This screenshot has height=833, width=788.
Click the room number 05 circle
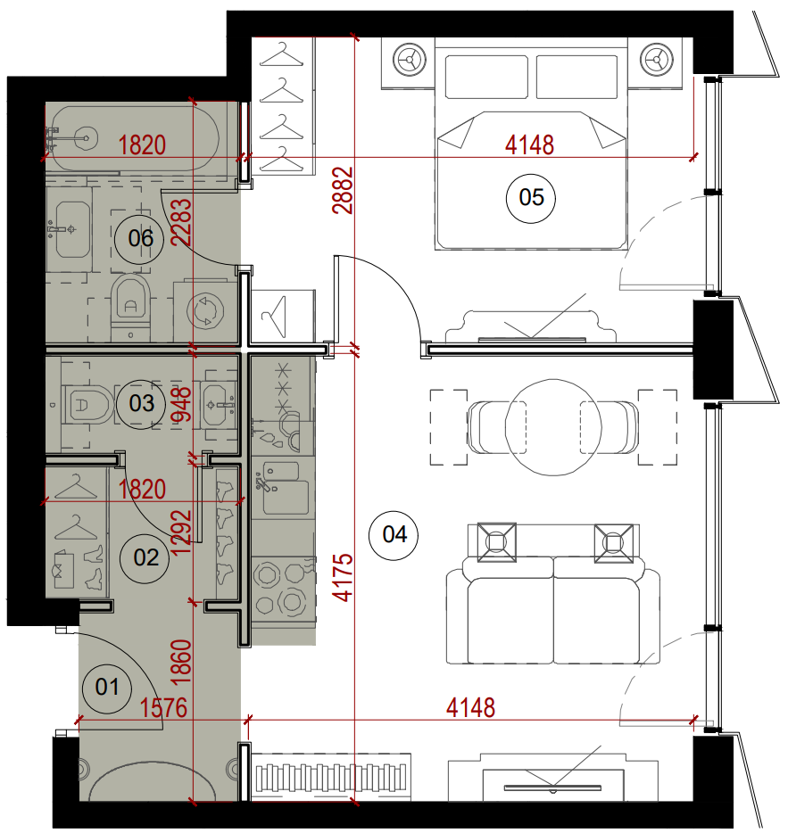click(x=530, y=198)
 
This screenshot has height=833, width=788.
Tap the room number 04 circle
click(x=394, y=535)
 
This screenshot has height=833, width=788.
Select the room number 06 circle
click(x=139, y=239)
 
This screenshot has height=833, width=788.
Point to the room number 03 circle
click(x=140, y=404)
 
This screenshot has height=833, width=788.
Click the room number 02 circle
click(x=145, y=558)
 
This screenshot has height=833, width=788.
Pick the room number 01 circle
click(x=106, y=688)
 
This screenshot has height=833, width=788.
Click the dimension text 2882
click(x=343, y=190)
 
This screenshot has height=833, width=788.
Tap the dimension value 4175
click(x=343, y=577)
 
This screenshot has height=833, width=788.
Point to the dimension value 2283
click(x=181, y=221)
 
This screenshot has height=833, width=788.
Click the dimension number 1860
click(x=181, y=662)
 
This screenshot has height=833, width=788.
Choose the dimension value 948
click(x=181, y=405)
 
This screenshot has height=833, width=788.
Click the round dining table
click(x=553, y=427)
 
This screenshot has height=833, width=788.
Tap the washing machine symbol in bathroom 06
click(x=205, y=310)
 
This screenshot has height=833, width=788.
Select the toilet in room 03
click(x=87, y=405)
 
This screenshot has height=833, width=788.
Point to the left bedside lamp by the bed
click(x=410, y=59)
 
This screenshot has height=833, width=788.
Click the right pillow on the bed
click(x=576, y=77)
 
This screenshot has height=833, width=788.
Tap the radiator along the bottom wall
click(x=331, y=778)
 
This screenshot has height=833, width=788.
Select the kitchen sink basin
click(x=286, y=498)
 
